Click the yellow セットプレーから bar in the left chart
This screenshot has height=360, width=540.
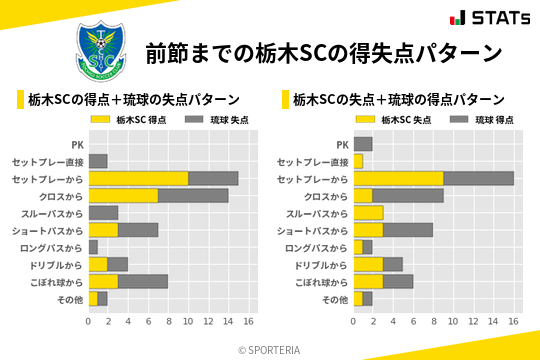[x=138, y=178]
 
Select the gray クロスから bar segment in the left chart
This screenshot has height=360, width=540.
[x=193, y=195]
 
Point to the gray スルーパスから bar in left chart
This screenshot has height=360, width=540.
[x=103, y=212]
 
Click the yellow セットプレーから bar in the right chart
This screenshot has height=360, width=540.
[x=398, y=178]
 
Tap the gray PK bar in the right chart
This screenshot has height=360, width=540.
[x=362, y=144]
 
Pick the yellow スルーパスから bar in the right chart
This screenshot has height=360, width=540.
[x=368, y=212]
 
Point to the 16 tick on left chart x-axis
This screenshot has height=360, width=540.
[x=248, y=322]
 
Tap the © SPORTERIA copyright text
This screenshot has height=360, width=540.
[x=269, y=349]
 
